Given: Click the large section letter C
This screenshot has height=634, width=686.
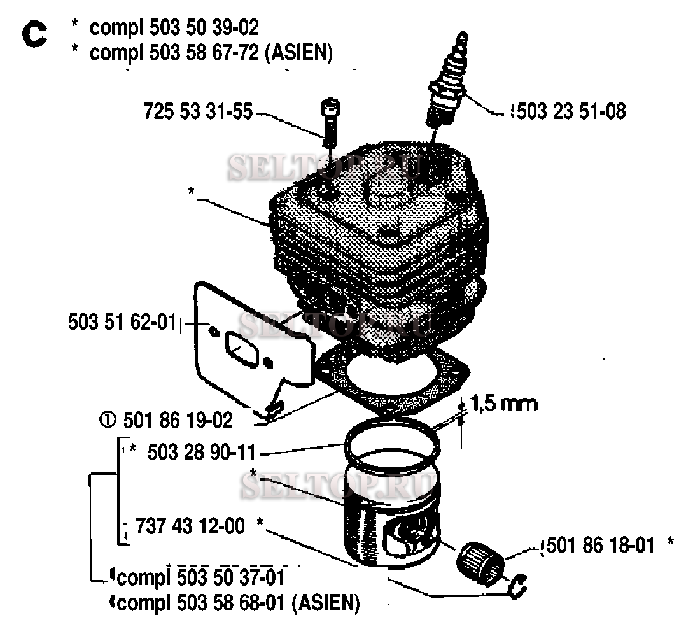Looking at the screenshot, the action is tap(34, 35).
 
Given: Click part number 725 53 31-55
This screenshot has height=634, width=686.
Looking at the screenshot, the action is tap(198, 111).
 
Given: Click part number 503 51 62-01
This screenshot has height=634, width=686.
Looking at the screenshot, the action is tap(122, 323).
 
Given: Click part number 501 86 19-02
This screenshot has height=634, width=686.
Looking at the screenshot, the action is tap(178, 421).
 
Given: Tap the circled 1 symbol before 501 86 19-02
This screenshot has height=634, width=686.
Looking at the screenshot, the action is tap(108, 421).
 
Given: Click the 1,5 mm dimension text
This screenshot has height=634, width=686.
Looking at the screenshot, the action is tap(504, 404).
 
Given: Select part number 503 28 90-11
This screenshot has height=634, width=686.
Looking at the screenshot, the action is tap(202, 452).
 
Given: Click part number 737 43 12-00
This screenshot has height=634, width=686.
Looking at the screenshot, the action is tap(190, 526).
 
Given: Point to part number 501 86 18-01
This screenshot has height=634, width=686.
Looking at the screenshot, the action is tap(601, 546).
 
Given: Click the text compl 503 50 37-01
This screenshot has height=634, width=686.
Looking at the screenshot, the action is tap(201, 577).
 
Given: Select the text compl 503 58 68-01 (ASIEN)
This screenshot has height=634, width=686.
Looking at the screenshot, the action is tap(239, 603).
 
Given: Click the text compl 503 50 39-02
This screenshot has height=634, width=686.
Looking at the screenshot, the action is tap(174, 27).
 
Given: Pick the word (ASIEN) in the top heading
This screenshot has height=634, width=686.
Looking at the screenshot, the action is tap(302, 53).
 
